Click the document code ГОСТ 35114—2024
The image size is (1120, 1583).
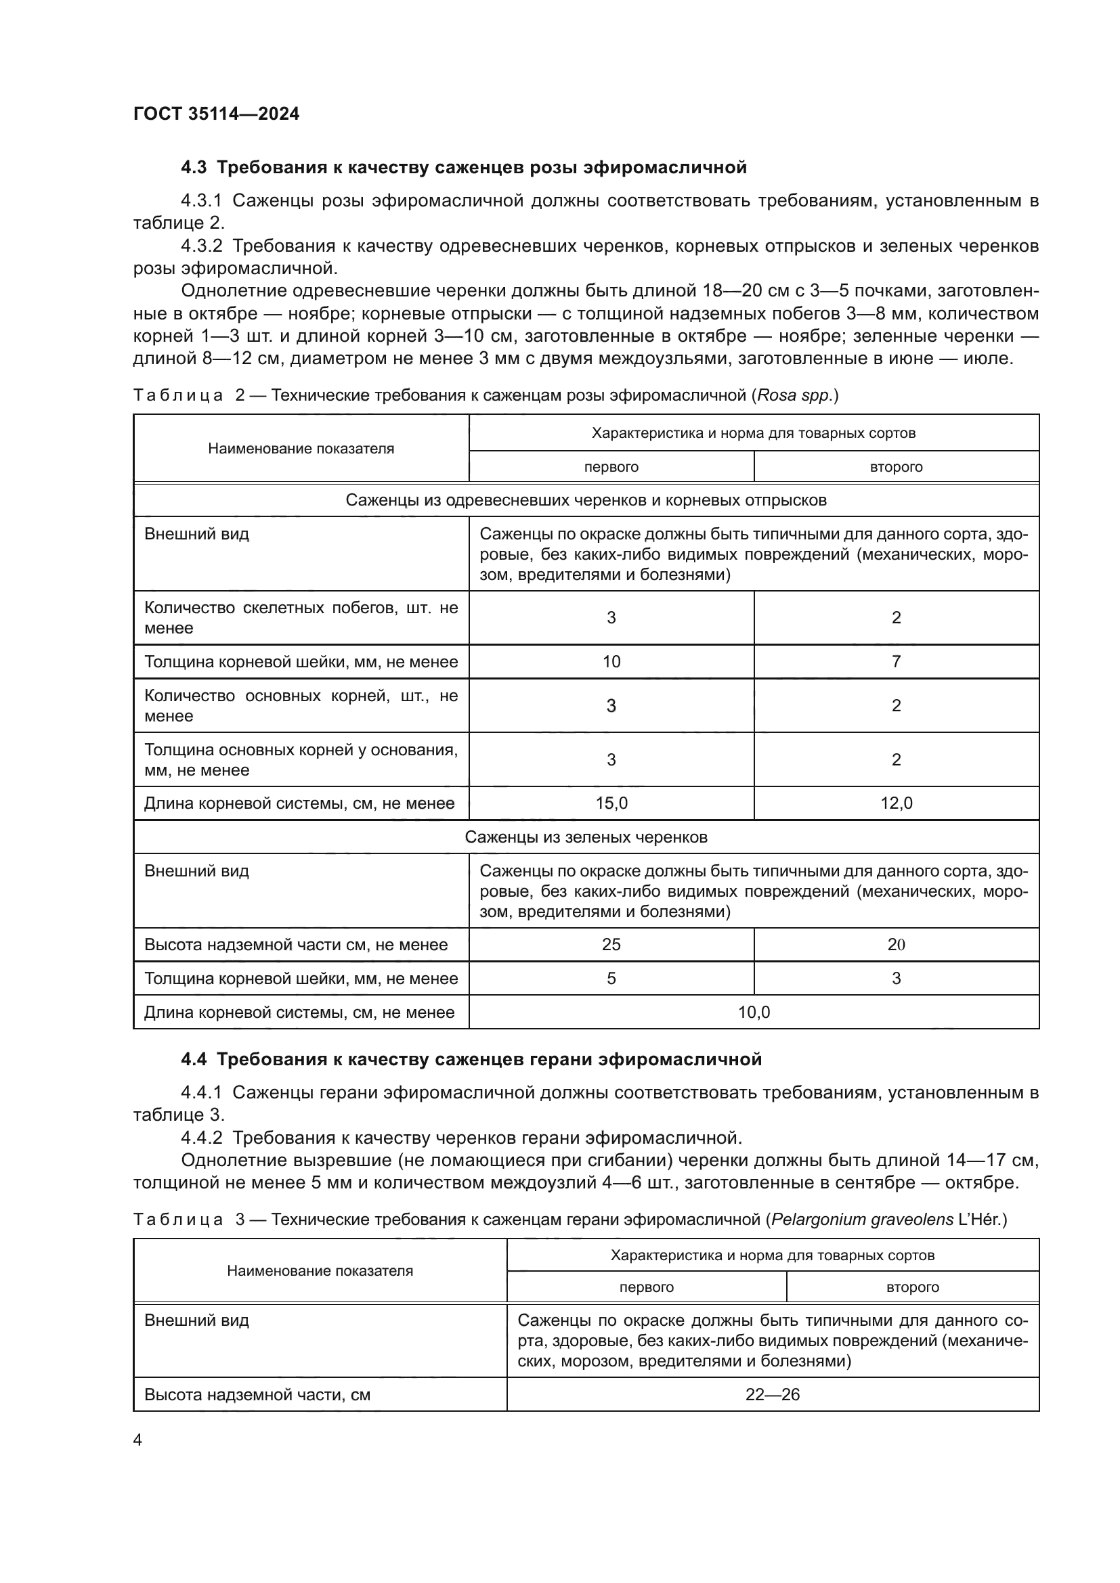coord(216,114)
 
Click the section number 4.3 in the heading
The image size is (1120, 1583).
coord(193,168)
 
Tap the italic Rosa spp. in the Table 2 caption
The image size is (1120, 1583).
coord(795,396)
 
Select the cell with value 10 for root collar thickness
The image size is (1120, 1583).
coord(611,662)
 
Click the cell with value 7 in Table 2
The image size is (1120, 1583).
coord(896,662)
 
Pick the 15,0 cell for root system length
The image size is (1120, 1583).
coord(611,803)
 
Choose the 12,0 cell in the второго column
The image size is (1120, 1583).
coord(896,803)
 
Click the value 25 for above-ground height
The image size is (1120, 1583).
coord(611,945)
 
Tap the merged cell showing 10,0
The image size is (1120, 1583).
coord(754,1012)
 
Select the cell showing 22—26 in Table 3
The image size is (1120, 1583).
coord(773,1395)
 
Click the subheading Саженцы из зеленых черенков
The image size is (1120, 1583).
coord(586,837)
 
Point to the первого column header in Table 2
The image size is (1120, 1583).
coord(611,467)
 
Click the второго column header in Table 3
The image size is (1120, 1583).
coord(912,1287)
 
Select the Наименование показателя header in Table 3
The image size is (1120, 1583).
coord(320,1271)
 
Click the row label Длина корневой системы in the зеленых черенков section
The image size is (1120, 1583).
coord(299,1012)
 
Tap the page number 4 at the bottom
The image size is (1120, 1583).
coord(138,1440)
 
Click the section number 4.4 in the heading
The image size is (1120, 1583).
coord(193,1060)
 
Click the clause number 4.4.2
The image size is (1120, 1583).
coord(201,1138)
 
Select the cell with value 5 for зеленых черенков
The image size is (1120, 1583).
coord(611,979)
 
